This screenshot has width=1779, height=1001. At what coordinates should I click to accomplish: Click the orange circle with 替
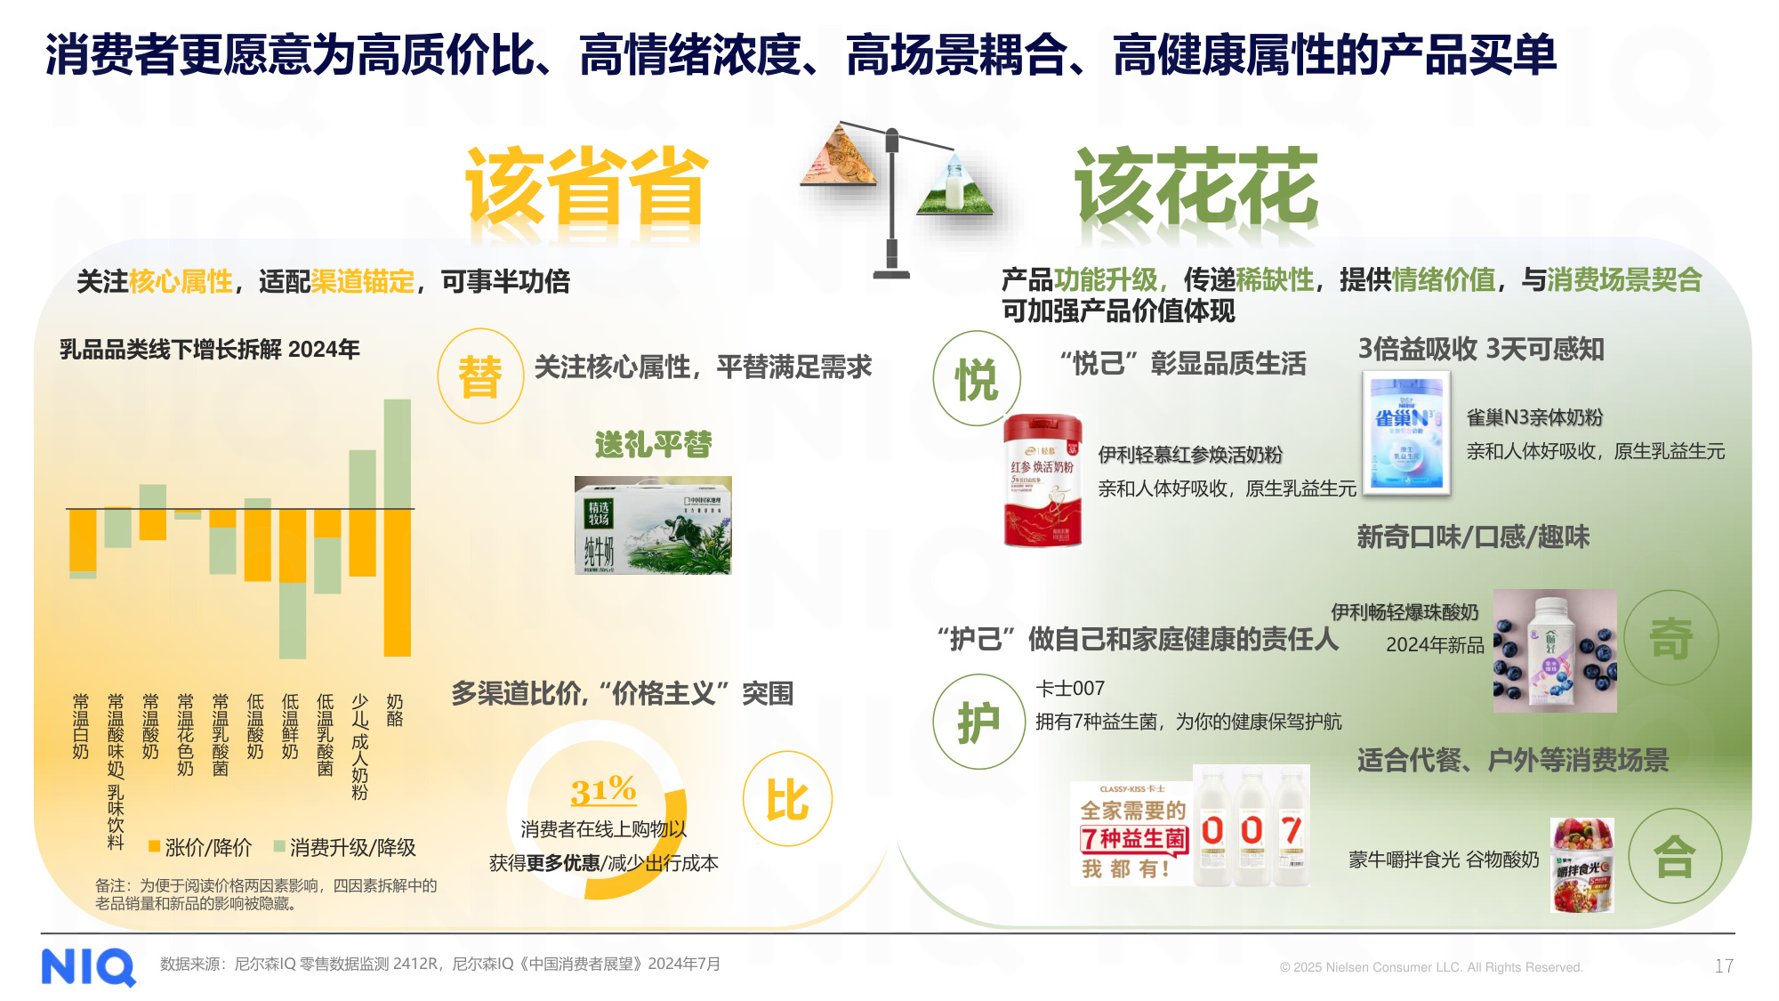(x=480, y=376)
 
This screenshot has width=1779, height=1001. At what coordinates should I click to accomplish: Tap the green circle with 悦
(x=977, y=379)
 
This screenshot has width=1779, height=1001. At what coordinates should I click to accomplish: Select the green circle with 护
(x=978, y=722)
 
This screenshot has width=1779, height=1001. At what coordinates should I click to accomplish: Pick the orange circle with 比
(x=787, y=799)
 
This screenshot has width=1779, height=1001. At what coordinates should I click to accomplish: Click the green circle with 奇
(x=1670, y=637)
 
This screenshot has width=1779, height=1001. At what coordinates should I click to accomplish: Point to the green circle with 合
(x=1674, y=856)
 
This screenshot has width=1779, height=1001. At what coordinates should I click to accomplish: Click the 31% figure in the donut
(x=603, y=790)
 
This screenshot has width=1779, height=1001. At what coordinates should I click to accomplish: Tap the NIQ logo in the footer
(x=88, y=966)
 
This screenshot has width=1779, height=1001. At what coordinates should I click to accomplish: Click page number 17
(x=1723, y=966)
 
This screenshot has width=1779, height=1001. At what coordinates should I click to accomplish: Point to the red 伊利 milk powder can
(x=1042, y=480)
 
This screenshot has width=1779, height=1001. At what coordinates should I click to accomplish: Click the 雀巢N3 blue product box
(x=1406, y=433)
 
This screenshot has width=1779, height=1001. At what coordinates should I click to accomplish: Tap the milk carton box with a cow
(x=653, y=525)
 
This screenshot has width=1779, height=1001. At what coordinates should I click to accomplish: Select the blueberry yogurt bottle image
(x=1554, y=650)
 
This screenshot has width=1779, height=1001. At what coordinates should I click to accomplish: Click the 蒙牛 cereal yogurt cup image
(x=1582, y=865)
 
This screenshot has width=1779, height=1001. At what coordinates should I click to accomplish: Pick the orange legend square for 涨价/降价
(x=155, y=846)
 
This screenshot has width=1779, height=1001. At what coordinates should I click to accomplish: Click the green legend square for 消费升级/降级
(x=279, y=846)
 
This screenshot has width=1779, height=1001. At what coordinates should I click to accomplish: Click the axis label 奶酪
(x=394, y=711)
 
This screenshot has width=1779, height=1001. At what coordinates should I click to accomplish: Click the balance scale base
(x=891, y=274)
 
